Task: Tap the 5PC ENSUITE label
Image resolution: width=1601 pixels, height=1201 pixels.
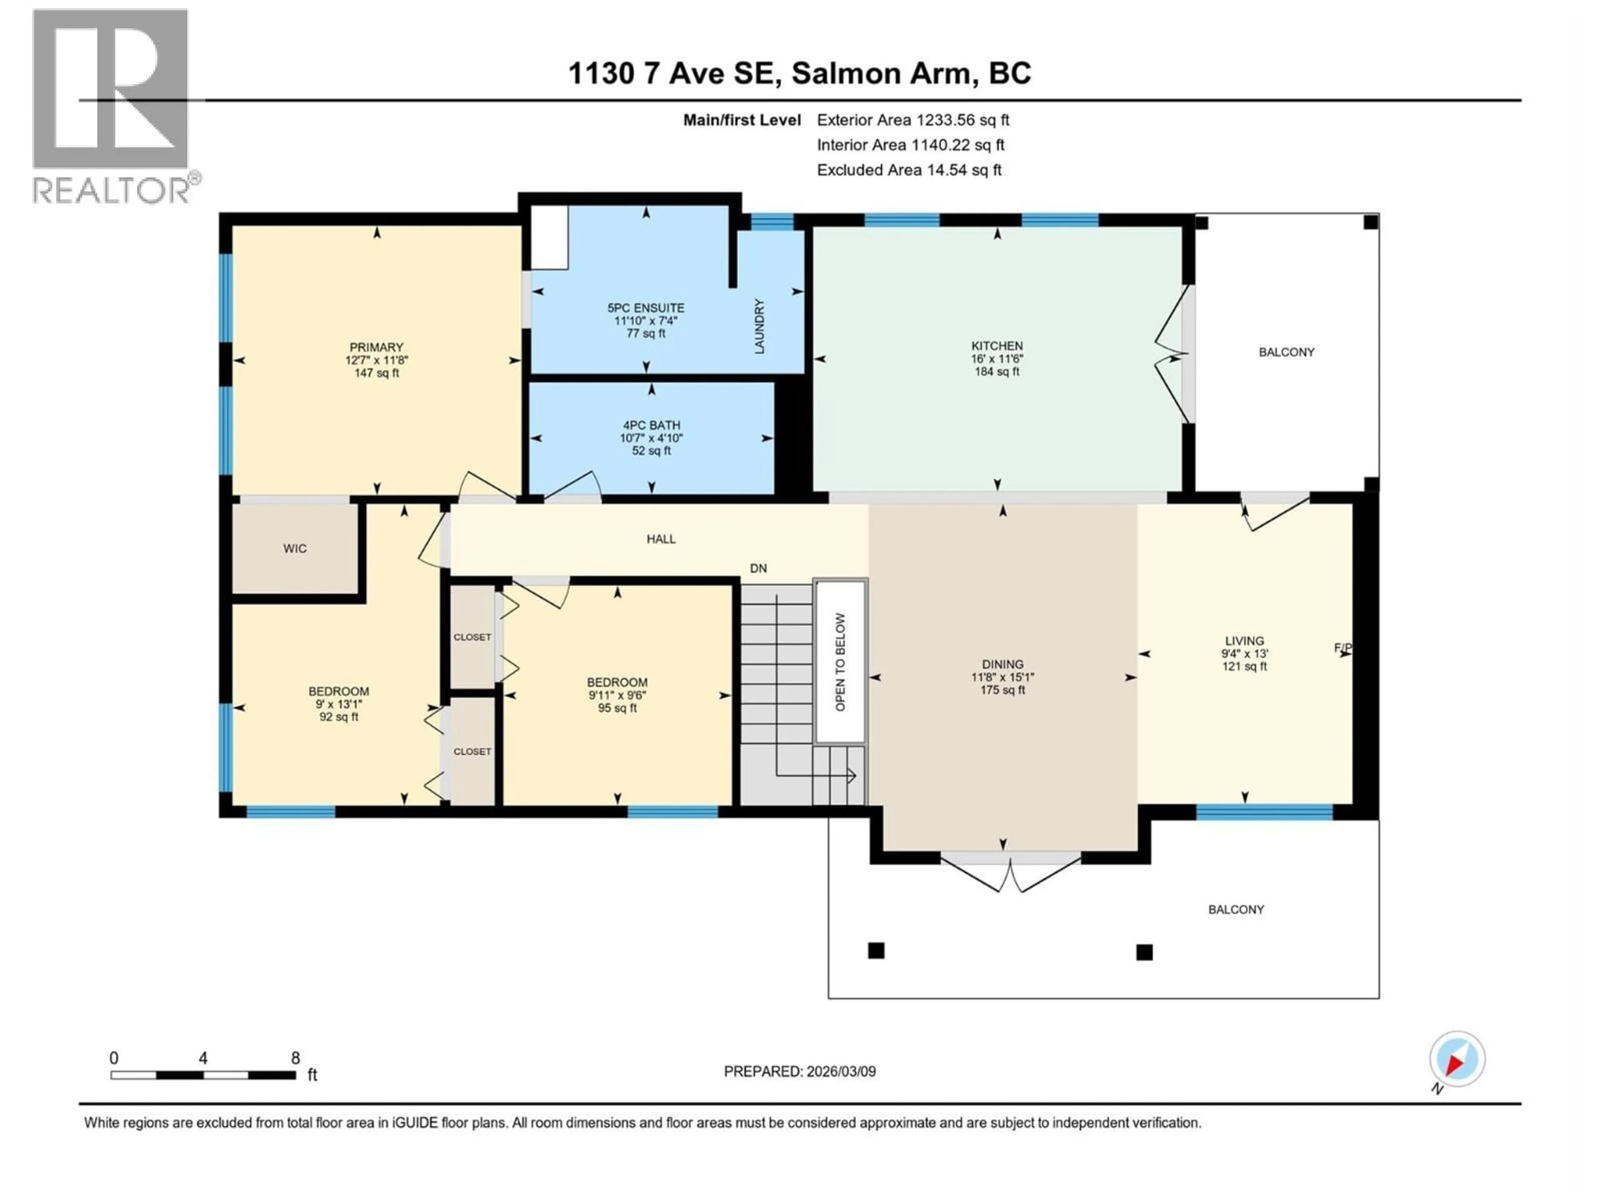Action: (x=645, y=308)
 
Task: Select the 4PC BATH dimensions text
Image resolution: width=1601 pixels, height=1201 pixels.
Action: (x=651, y=438)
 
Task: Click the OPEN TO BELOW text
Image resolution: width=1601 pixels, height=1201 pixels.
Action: (x=840, y=662)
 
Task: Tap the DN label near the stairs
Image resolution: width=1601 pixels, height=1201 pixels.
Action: (x=758, y=568)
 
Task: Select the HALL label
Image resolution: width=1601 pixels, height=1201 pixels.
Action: (x=661, y=539)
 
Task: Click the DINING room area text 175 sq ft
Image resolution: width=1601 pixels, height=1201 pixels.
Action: (x=1002, y=690)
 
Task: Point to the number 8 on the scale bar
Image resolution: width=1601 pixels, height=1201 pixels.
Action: (x=295, y=1058)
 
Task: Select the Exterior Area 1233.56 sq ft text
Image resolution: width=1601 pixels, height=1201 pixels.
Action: (x=913, y=120)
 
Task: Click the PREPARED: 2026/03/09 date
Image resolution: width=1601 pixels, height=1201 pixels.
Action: (x=800, y=1071)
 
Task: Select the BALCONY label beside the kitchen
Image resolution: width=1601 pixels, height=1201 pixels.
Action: (x=1286, y=352)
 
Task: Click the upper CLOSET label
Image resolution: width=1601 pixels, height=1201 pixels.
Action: (x=472, y=637)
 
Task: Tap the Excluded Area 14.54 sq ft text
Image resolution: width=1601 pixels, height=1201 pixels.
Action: (x=909, y=170)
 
